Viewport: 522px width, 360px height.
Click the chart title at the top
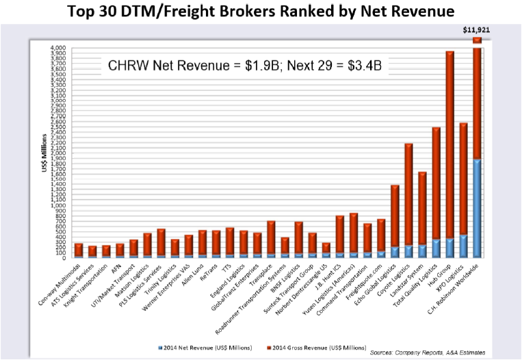coord(261,12)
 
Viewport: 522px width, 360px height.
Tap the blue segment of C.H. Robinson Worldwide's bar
coord(477,208)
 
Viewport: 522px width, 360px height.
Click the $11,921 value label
coord(477,30)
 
